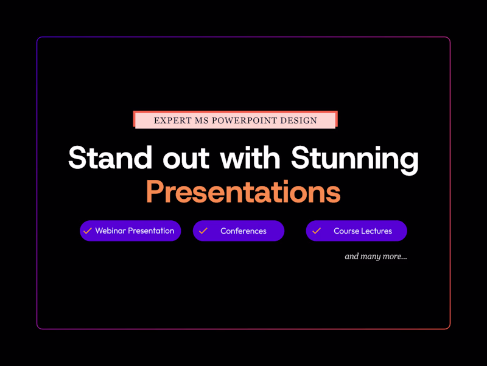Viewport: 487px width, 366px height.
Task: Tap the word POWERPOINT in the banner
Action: [244, 121]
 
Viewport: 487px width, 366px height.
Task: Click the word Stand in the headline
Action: [110, 158]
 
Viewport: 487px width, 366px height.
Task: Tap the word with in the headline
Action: [250, 158]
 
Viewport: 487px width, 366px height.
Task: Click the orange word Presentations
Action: [243, 192]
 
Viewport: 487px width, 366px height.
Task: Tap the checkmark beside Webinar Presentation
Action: [88, 231]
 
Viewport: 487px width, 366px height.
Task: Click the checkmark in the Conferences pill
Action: [203, 231]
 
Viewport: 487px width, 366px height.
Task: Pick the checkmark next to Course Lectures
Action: [317, 231]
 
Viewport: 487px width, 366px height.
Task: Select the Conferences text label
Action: [243, 231]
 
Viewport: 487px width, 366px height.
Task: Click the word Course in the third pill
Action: [346, 231]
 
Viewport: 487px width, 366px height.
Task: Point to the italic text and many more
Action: [376, 256]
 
